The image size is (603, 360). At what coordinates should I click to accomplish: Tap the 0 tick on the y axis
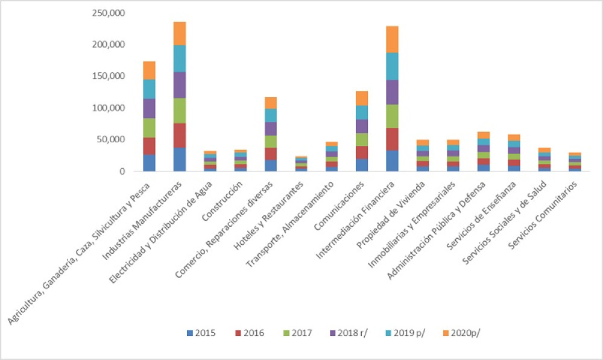[121, 171]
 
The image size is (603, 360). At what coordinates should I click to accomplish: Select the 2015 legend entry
[201, 332]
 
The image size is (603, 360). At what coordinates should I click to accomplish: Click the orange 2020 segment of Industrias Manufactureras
[180, 34]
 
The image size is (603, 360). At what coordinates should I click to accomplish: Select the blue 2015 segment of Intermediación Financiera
[392, 160]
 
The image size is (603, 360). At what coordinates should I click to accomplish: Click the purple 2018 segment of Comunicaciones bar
[362, 126]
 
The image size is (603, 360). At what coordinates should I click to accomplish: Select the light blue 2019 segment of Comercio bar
[271, 115]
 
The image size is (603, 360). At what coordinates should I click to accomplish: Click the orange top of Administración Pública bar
[483, 135]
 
